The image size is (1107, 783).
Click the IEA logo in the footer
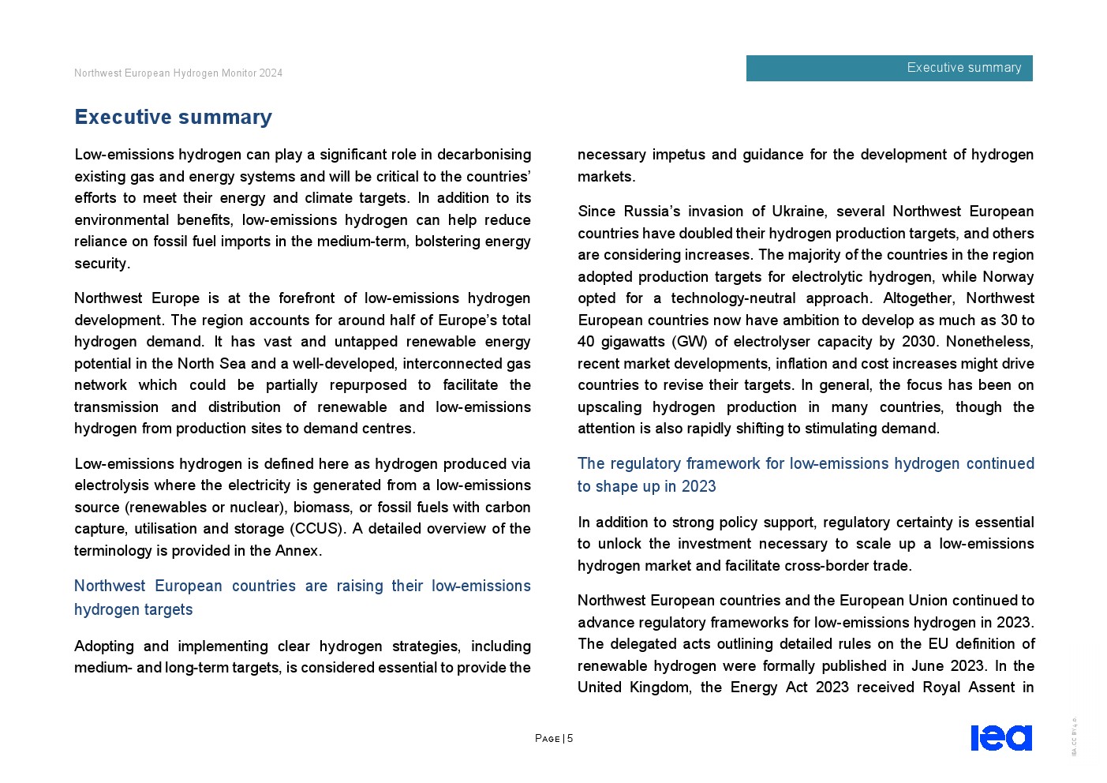coord(1000,737)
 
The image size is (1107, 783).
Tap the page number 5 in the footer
coord(570,739)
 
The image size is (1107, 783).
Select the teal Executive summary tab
coord(889,68)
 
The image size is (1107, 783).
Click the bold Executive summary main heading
coord(173,117)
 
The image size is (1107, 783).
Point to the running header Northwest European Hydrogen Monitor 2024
coord(178,73)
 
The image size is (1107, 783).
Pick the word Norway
coord(1008,277)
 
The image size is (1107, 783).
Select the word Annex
coord(297,551)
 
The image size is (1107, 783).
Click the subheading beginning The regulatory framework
coord(805,474)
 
